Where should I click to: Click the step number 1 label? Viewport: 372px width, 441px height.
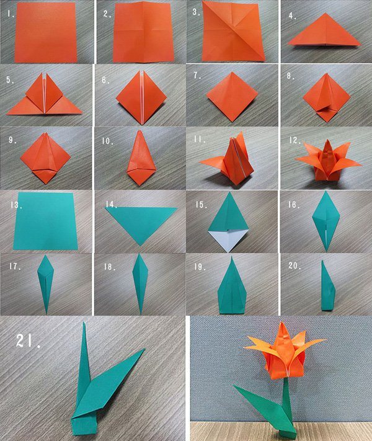(x=11, y=14)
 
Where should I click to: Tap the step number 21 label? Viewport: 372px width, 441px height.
(x=28, y=341)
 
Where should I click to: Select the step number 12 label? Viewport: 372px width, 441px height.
(x=295, y=140)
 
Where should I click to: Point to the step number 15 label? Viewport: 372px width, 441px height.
(x=201, y=205)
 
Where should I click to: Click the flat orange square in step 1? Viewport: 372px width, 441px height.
(x=45, y=32)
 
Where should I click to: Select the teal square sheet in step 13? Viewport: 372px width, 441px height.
(x=45, y=221)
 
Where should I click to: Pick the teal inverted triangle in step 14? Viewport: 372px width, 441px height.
(x=141, y=223)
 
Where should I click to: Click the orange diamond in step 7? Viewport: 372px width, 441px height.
(x=232, y=97)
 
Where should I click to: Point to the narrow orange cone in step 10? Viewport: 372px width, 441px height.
(x=141, y=158)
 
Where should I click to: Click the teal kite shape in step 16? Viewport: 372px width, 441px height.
(x=326, y=221)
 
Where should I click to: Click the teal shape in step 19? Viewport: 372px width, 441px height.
(x=232, y=287)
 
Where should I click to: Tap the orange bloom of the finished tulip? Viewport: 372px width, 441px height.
(x=284, y=351)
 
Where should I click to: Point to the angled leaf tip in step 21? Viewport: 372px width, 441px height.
(x=145, y=349)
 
